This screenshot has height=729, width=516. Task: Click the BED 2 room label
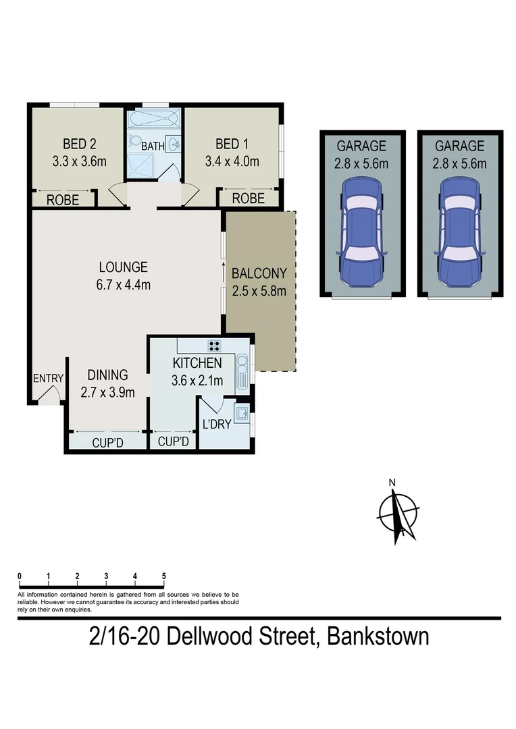pyautogui.click(x=79, y=144)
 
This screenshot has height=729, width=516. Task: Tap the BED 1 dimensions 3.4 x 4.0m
pyautogui.click(x=232, y=161)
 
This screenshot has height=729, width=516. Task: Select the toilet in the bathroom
pyautogui.click(x=134, y=142)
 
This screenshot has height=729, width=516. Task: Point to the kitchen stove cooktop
pyautogui.click(x=215, y=346)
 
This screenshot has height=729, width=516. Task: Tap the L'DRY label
pyautogui.click(x=216, y=425)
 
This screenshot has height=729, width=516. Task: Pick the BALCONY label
pyautogui.click(x=259, y=273)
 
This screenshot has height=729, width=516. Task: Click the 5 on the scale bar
pyautogui.click(x=164, y=576)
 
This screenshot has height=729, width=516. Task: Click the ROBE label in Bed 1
pyautogui.click(x=248, y=198)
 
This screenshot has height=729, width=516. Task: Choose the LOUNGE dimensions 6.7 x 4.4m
pyautogui.click(x=122, y=284)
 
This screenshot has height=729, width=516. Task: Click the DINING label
pyautogui.click(x=107, y=375)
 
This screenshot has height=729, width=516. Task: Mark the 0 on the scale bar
pyautogui.click(x=20, y=576)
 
